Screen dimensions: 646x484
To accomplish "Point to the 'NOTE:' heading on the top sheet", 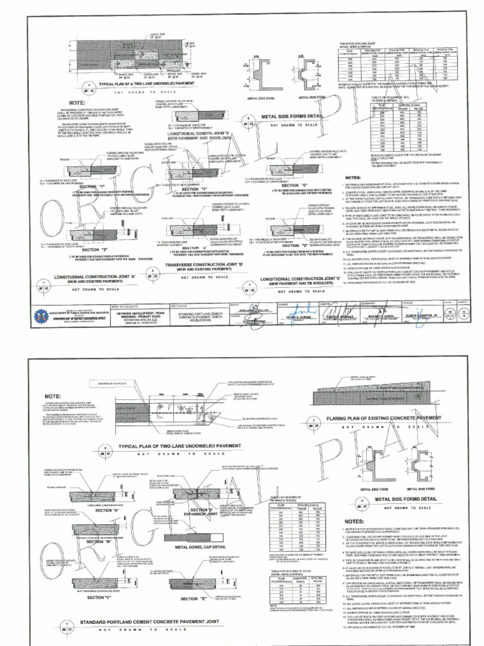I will pyautogui.click(x=78, y=103).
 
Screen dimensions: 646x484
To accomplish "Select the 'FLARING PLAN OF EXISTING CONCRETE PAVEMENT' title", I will pyautogui.click(x=384, y=418).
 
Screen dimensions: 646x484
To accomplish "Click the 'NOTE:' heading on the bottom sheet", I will pyautogui.click(x=53, y=396).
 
